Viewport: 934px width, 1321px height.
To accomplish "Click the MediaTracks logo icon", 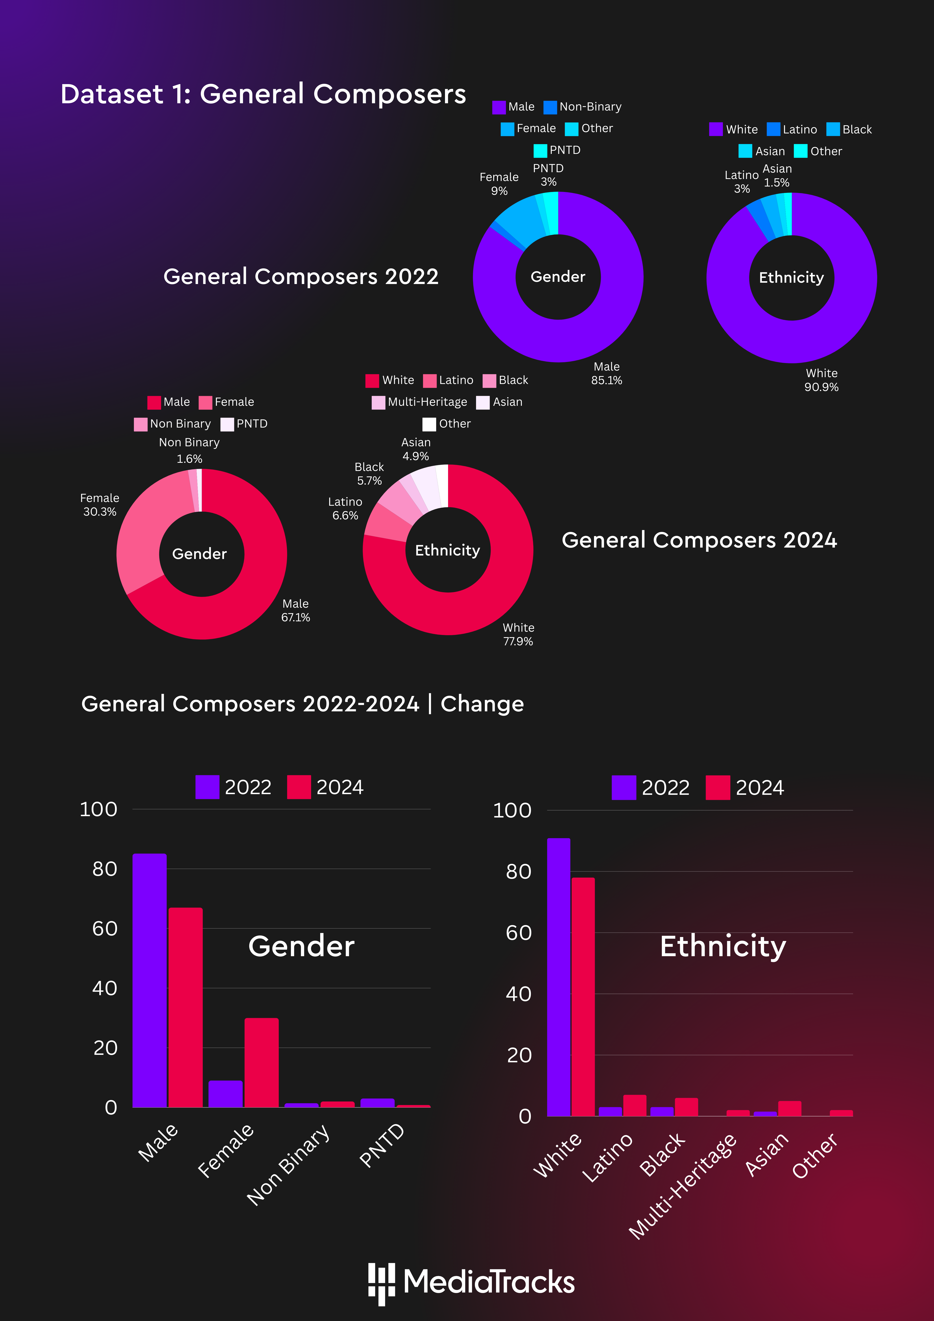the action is (x=382, y=1283).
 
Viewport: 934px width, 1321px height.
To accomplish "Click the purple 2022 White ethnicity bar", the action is (x=559, y=977).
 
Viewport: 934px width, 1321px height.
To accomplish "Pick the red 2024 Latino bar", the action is (x=635, y=1105).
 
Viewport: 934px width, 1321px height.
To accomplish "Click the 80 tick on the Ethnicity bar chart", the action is (x=519, y=872).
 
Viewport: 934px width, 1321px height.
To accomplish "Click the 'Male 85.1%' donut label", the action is (x=607, y=373).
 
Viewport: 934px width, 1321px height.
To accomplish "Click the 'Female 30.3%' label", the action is (x=100, y=505).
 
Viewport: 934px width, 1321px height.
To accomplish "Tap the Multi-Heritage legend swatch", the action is (x=378, y=402).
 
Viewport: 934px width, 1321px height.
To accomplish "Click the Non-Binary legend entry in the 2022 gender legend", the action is (x=582, y=107).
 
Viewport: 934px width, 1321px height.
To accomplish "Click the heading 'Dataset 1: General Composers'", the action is (x=263, y=94).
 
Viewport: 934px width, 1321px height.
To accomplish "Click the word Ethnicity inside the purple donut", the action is (x=791, y=278).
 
